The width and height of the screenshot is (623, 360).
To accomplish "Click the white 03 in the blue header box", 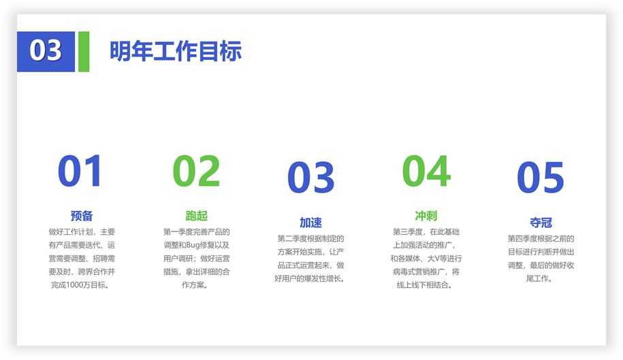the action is click(46, 50).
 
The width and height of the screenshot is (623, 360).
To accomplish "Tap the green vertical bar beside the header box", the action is click(84, 52).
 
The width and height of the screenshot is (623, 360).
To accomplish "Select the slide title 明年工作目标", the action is click(176, 51).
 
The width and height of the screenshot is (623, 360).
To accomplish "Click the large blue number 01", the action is click(80, 171).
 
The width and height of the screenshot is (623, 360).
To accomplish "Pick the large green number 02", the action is click(196, 171).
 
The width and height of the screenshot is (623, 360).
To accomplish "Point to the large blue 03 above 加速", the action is click(310, 178).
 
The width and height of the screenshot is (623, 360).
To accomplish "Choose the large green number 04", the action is click(426, 171).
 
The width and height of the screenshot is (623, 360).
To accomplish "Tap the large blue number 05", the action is click(541, 178).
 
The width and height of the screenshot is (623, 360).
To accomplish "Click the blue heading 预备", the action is click(82, 216).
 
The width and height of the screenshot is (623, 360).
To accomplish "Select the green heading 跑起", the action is click(196, 216).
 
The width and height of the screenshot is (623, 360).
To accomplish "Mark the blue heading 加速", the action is click(310, 223).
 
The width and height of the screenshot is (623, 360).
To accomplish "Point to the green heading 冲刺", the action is click(426, 216).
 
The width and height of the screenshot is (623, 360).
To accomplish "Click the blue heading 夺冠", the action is click(541, 223).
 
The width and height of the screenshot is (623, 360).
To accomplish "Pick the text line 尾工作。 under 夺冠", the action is click(539, 278).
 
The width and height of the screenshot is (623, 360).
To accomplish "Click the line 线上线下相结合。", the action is click(424, 285).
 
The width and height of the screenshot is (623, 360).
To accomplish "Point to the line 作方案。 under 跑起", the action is click(195, 285).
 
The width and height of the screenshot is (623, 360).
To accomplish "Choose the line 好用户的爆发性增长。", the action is click(310, 278).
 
